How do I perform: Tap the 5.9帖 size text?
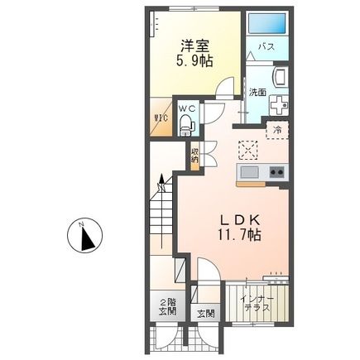coord(194,61)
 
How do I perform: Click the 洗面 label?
coord(257,92)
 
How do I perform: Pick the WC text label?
coord(187,108)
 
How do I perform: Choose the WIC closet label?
coord(161,118)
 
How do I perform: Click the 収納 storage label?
coord(195,156)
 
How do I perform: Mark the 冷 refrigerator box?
coord(276,130)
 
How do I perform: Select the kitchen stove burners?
coord(275,172)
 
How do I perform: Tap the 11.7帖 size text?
coord(240,235)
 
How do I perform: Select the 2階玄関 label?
coord(168,306)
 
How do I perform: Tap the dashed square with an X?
coord(247,150)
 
